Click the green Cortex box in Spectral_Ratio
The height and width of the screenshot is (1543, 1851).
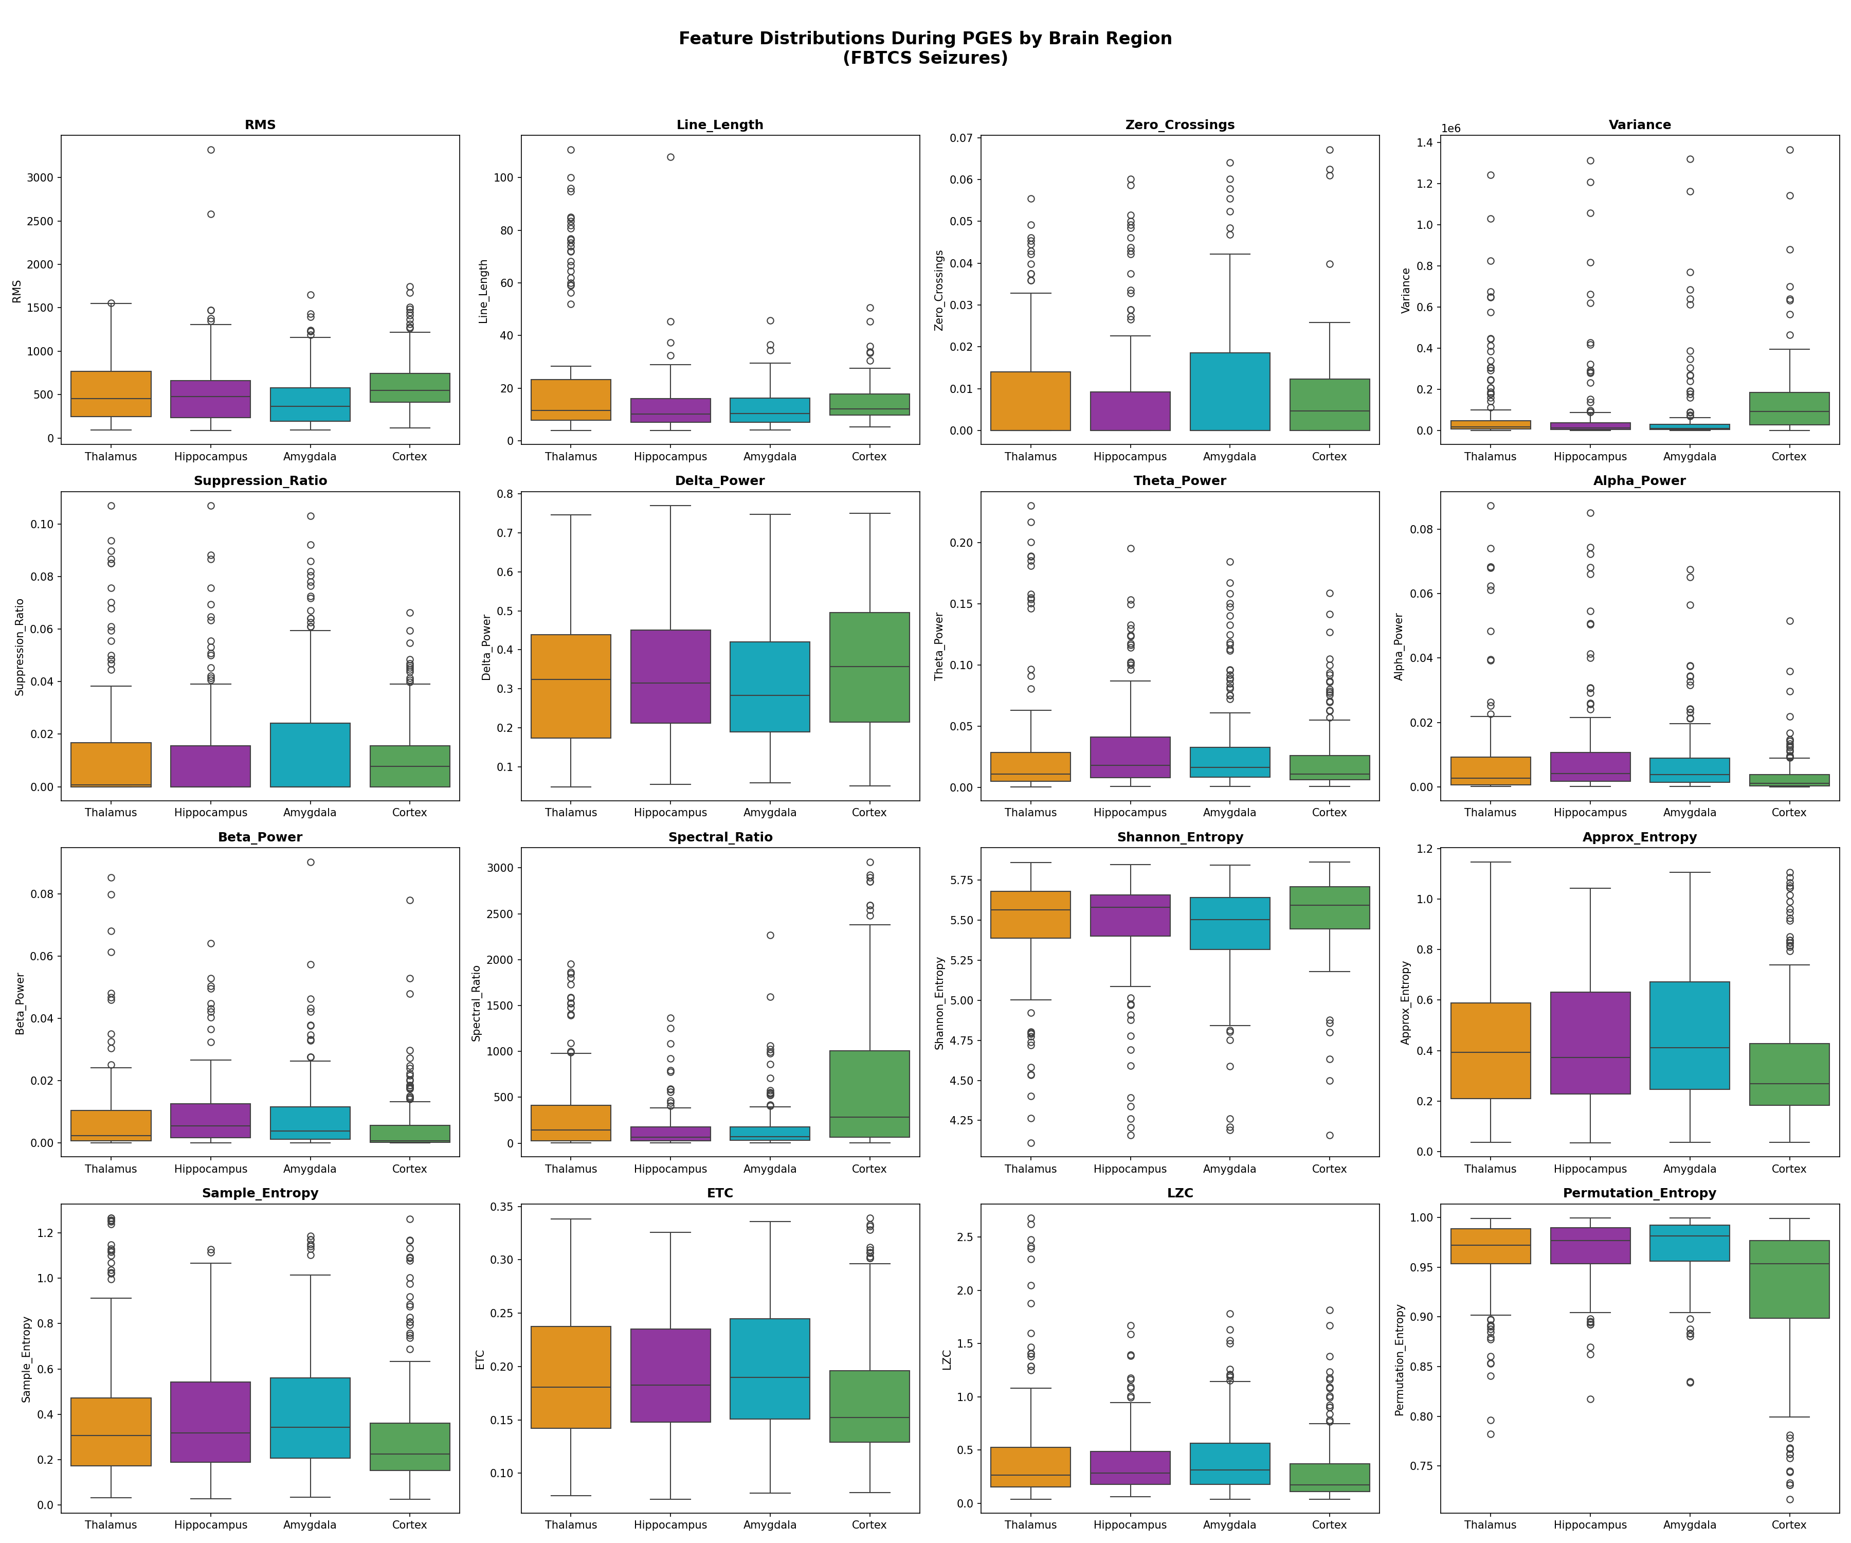tap(869, 1093)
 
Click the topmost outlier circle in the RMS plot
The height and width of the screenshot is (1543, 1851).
tap(211, 150)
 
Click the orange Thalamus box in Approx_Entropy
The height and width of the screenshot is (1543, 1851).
tap(1491, 1050)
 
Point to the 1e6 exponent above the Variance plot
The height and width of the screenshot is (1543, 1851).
tap(1451, 129)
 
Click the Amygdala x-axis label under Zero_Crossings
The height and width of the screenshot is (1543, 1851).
tap(1229, 457)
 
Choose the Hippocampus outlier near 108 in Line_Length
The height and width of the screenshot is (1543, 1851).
tap(671, 157)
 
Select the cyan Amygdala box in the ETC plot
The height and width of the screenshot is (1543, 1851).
tap(770, 1369)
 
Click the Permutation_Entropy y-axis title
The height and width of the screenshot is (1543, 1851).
tap(1400, 1360)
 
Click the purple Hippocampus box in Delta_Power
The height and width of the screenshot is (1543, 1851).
tap(671, 676)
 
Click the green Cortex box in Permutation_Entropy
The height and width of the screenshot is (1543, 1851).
tap(1789, 1279)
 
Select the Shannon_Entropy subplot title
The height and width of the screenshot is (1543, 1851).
tap(1179, 837)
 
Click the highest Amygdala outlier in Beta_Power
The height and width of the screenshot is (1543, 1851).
tap(310, 863)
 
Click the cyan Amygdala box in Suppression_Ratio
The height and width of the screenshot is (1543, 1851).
tap(310, 755)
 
